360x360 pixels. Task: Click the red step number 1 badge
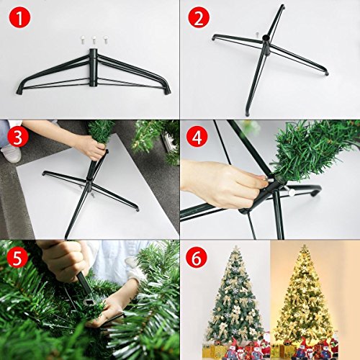[19, 17]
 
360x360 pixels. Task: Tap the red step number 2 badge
[199, 17]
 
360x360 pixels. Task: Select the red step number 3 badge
[18, 138]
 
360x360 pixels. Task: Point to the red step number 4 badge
[197, 138]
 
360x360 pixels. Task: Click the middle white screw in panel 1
[94, 40]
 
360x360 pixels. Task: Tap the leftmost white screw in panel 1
[82, 40]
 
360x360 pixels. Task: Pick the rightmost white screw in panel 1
[105, 40]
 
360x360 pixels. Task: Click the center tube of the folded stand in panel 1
[94, 67]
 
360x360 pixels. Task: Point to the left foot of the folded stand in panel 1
[20, 90]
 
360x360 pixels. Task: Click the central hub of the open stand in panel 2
[266, 45]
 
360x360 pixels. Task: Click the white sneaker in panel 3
[11, 153]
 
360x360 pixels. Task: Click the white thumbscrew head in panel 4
[292, 193]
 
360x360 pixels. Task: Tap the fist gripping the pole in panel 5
[63, 261]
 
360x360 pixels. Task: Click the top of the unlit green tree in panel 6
[236, 248]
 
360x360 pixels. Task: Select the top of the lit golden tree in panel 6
[305, 248]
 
